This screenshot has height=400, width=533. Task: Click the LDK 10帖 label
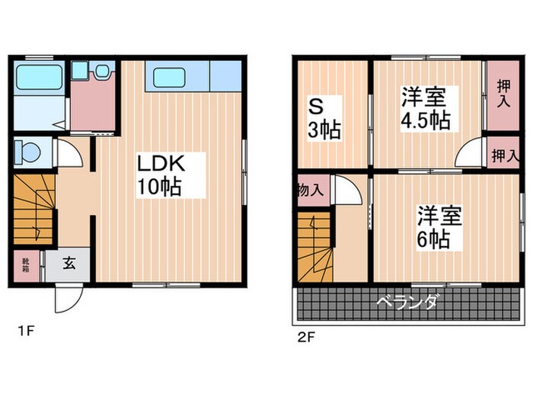pos(160,174)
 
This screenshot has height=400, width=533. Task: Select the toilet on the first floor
pos(27,152)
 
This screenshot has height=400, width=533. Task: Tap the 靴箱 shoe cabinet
pos(25,264)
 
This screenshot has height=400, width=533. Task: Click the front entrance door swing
pos(66,298)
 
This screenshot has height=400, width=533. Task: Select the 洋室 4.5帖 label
pos(424,109)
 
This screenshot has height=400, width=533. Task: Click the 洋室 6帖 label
pos(438,227)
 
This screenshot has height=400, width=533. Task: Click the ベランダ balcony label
pos(407,304)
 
